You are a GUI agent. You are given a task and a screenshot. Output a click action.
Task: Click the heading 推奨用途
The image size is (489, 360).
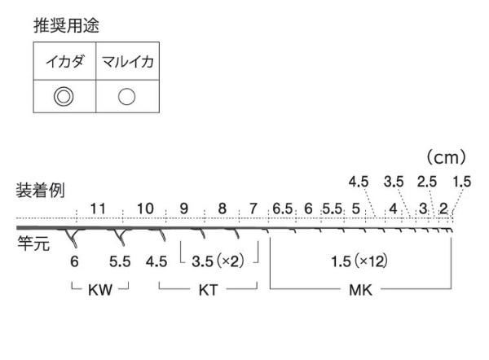pos(67,25)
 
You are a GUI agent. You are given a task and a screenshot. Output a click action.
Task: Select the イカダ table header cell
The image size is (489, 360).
pos(64,61)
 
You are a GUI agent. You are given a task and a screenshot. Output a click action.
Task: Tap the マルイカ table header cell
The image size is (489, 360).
pos(128,61)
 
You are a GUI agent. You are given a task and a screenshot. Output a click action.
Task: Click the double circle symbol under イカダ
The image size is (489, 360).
pos(64,96)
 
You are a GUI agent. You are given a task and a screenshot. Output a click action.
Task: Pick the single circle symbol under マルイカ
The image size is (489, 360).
pos(126,96)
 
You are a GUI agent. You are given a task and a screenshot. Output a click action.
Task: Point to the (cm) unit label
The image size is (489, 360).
pos(447,157)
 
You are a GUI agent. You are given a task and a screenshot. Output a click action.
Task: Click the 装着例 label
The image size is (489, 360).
pos(40,190)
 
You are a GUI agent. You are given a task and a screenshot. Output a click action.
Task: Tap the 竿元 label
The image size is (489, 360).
pos(33,243)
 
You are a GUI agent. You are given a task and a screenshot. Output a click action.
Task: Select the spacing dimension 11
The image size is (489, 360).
pos(98,209)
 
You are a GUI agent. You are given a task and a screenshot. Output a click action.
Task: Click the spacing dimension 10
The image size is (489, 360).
pos(145,209)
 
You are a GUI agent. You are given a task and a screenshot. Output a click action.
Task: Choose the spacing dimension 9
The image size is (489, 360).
pos(184,209)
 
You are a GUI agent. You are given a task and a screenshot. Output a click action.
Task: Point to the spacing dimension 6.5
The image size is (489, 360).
pos(282,209)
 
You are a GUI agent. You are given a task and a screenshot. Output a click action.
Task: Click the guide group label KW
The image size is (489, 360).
pos(99,290)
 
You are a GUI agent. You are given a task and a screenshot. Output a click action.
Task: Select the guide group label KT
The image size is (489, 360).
pos(208,290)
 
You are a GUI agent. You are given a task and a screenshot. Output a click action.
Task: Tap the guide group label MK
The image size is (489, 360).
pos(360,290)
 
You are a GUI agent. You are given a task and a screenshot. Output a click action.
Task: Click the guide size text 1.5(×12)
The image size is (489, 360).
pos(359,261)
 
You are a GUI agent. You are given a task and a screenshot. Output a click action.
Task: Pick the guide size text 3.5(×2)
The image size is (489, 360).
pos(218,261)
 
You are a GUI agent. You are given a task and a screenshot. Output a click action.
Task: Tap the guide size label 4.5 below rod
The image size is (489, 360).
pos(156,261)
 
